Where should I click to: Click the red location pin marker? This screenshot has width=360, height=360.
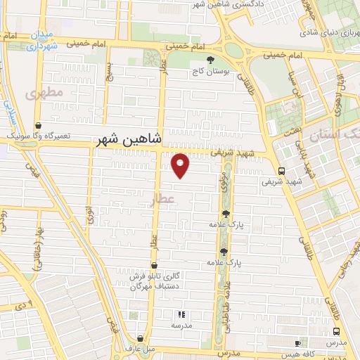[181, 165]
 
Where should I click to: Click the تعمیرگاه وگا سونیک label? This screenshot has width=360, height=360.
[42, 133]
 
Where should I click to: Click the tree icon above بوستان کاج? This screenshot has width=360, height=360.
[210, 60]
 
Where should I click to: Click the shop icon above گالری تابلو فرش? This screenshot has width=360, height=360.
[154, 265]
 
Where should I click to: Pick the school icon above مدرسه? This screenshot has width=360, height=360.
[181, 314]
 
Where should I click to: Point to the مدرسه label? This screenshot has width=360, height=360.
[181, 326]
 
